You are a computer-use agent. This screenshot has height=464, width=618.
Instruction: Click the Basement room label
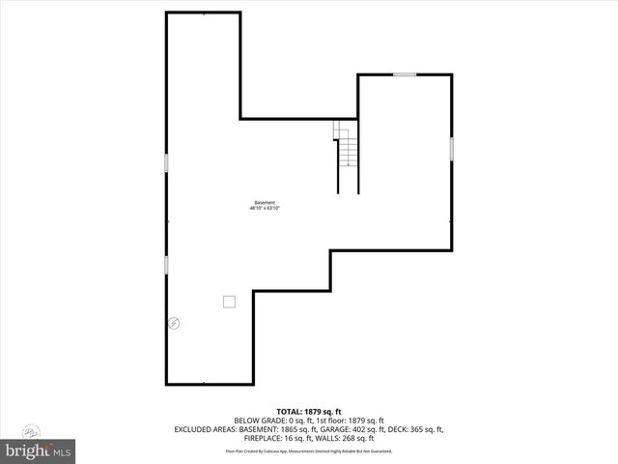click(x=265, y=202)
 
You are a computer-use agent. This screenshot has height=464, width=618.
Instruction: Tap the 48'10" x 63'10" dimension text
click(x=265, y=208)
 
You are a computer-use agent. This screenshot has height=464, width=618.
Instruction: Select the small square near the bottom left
click(x=229, y=301)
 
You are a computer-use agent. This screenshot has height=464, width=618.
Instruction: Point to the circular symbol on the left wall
click(x=175, y=323)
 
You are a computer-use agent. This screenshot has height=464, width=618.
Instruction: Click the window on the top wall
click(x=405, y=74)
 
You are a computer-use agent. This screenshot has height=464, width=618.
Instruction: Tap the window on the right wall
click(x=451, y=149)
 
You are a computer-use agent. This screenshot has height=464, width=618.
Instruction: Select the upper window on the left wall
click(x=166, y=162)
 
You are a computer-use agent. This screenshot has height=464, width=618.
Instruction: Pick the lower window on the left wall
click(x=166, y=264)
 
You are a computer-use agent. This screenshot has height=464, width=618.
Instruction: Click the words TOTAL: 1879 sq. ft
click(x=309, y=411)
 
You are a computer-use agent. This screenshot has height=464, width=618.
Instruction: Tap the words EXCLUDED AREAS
click(x=205, y=428)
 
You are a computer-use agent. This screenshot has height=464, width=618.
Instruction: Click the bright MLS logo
click(x=39, y=450)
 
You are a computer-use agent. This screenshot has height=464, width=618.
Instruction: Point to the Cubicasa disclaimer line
click(x=309, y=450)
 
